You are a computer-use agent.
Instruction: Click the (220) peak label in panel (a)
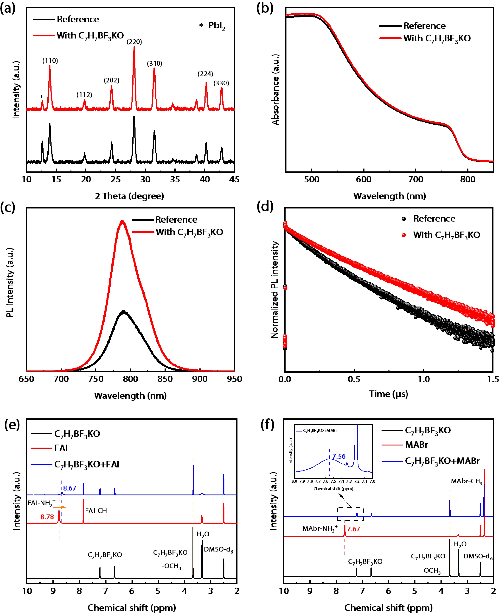tap(134, 42)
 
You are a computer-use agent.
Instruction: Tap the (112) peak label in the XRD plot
tap(84, 95)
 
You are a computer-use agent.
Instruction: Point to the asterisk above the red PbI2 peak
tap(42, 97)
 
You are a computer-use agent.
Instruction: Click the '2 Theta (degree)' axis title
tap(129, 196)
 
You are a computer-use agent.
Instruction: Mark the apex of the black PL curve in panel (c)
tap(124, 311)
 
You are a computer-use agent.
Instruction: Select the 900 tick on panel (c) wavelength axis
tap(200, 379)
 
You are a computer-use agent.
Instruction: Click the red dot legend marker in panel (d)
tap(404, 235)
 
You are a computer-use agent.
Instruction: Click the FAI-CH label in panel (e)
tap(96, 510)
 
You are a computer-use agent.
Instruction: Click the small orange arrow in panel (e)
tap(60, 507)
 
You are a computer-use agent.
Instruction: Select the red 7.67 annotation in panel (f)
tap(353, 529)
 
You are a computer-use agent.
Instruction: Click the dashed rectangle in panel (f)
tap(350, 514)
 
